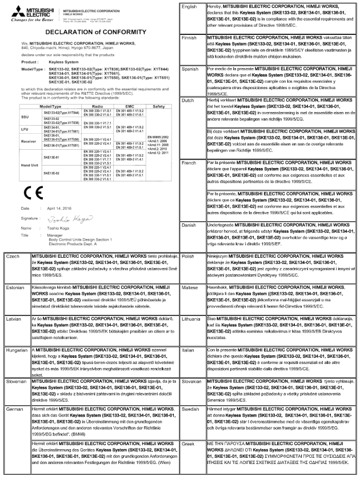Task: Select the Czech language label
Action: pyautogui.click(x=12, y=257)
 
